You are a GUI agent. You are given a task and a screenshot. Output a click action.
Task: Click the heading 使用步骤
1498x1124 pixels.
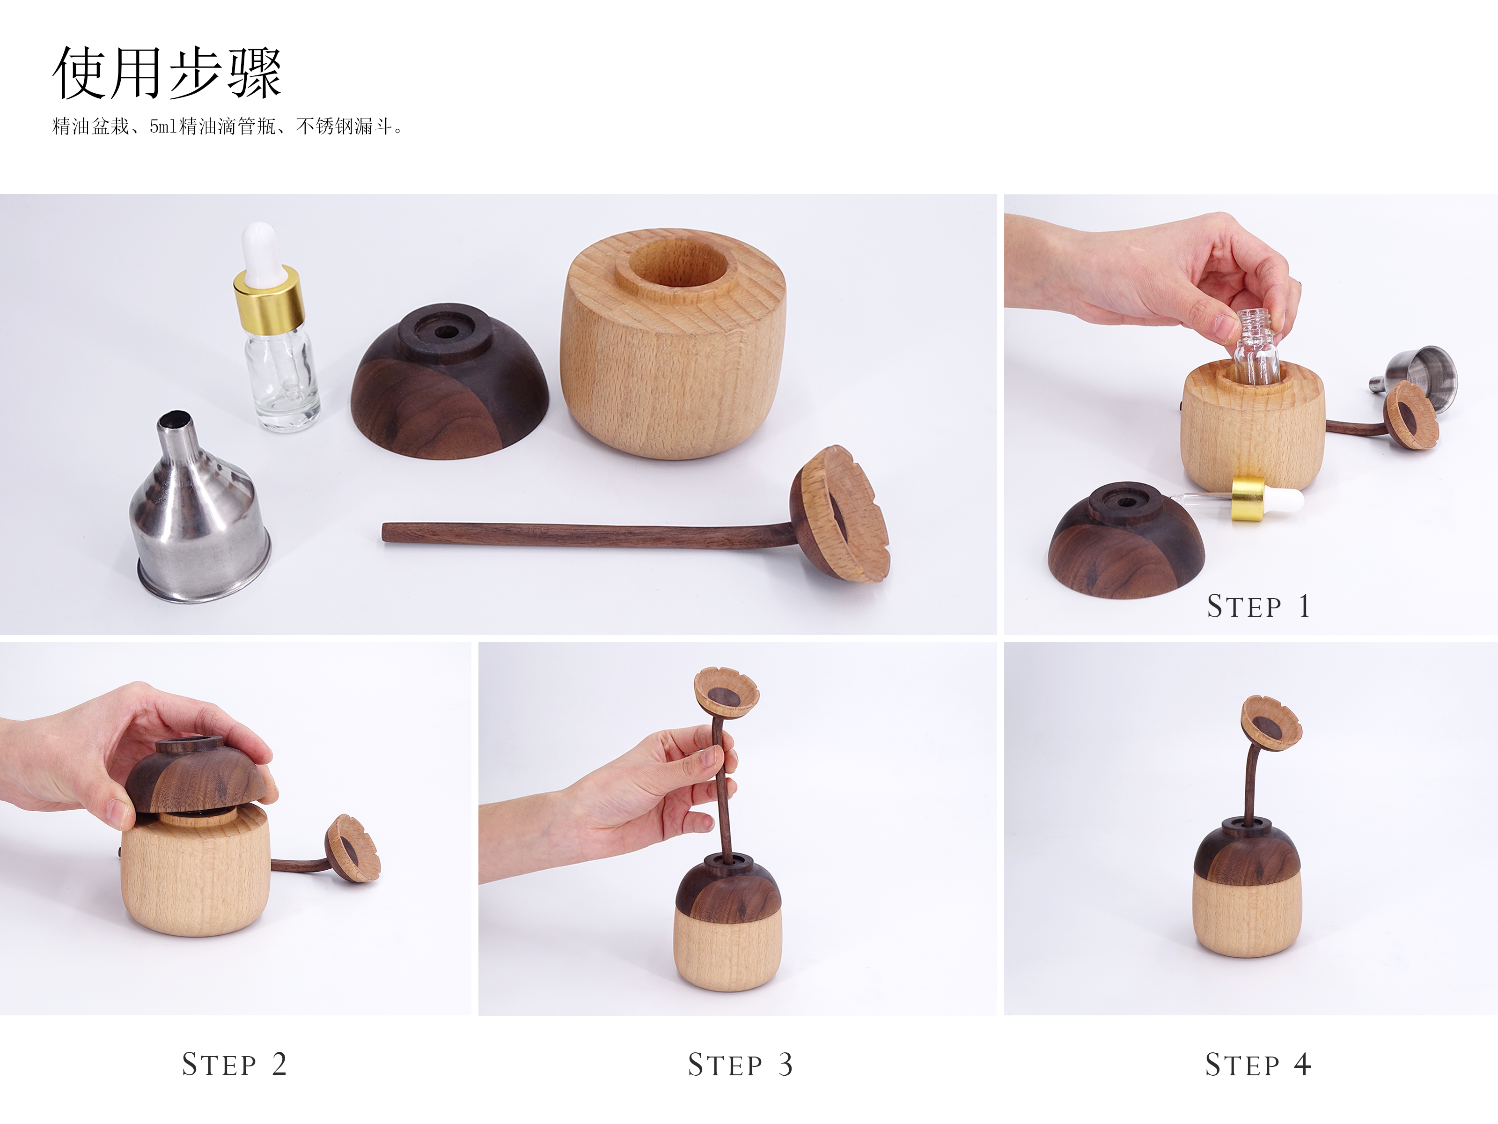click(167, 73)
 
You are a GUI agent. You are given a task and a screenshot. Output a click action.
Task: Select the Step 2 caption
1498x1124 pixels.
click(235, 1065)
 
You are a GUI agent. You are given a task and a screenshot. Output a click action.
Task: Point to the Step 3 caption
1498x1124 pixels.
click(740, 1065)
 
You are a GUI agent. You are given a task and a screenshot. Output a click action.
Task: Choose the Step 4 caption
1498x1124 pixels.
click(1257, 1065)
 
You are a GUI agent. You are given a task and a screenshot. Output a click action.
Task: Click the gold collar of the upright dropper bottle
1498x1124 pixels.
click(268, 298)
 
